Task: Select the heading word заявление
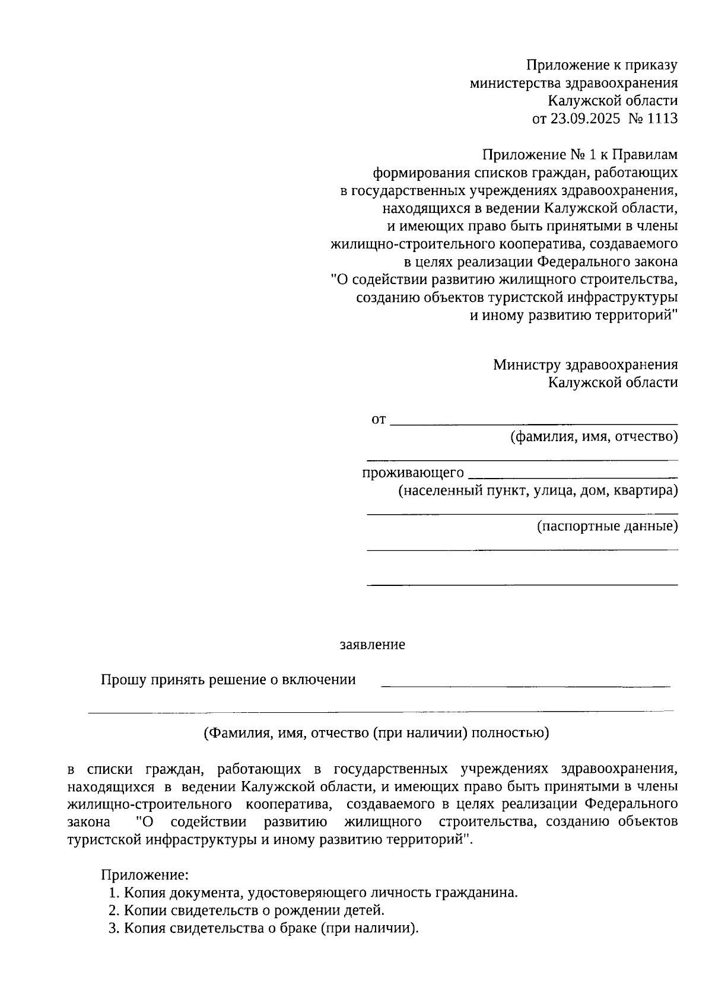[x=372, y=645]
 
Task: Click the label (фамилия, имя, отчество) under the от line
[x=594, y=437]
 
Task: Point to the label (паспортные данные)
[x=607, y=526]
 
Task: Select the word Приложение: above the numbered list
[x=145, y=875]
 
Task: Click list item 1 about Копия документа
[x=313, y=893]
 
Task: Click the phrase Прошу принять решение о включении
[x=228, y=680]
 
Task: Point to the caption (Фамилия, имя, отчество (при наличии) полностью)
[x=376, y=733]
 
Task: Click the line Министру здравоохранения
[x=585, y=365]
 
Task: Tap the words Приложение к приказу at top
[x=602, y=65]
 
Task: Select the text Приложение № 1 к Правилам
[x=580, y=155]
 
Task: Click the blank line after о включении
[x=525, y=686]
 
